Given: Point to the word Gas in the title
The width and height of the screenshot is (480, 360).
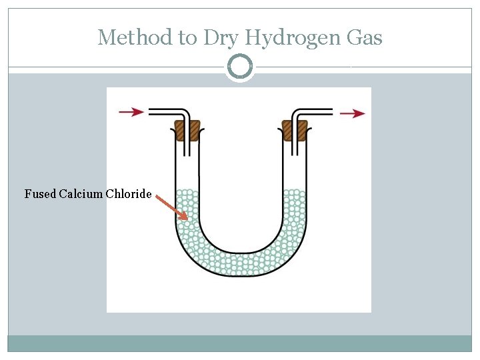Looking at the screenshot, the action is click(365, 37).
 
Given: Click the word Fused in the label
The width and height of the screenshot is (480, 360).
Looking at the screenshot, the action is click(40, 194).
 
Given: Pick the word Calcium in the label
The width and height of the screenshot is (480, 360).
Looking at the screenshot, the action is click(81, 194).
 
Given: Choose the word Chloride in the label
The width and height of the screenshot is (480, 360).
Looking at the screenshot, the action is click(129, 194).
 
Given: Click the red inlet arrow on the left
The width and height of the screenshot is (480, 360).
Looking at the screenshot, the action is click(131, 112).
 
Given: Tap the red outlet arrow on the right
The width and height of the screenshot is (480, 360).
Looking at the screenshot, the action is click(352, 113).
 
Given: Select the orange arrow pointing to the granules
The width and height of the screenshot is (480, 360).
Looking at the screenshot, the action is click(172, 207).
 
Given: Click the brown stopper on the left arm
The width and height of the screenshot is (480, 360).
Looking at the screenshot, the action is click(187, 129).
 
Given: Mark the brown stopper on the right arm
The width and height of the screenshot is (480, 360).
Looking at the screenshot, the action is click(294, 129).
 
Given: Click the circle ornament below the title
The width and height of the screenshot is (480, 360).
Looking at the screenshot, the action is click(240, 67).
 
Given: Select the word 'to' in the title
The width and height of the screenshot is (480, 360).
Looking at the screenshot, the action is click(187, 38).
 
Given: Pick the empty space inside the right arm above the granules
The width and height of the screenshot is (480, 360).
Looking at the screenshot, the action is click(293, 167).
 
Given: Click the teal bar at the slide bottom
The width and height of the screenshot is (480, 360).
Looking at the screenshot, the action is click(240, 343).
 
